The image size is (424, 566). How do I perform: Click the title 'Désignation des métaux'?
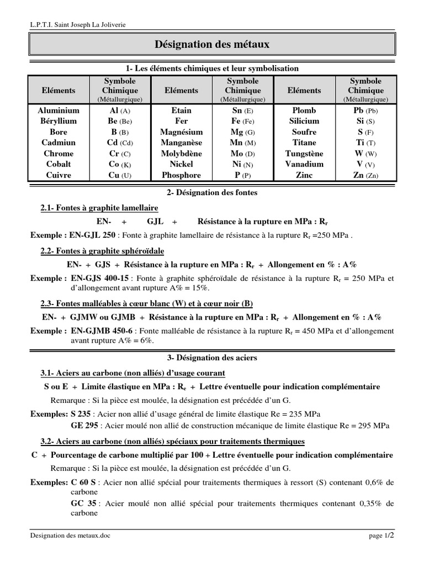click(211, 44)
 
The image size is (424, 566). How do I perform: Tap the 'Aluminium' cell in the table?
click(59, 111)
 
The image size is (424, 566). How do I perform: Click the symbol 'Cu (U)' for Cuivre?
click(120, 175)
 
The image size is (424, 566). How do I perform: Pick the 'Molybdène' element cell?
click(181, 154)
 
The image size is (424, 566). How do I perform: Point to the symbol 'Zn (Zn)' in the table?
click(365, 175)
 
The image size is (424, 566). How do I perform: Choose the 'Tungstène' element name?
click(304, 154)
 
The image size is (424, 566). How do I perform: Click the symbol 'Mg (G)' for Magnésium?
click(242, 132)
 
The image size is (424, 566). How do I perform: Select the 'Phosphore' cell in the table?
click(181, 175)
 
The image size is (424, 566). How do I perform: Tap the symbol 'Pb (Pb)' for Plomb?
click(365, 111)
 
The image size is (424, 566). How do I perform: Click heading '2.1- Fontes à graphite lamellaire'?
click(99, 208)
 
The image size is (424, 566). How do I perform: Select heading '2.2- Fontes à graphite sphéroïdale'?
click(102, 251)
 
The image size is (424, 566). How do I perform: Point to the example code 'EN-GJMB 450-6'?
click(102, 331)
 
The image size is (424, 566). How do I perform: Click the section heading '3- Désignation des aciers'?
click(211, 358)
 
